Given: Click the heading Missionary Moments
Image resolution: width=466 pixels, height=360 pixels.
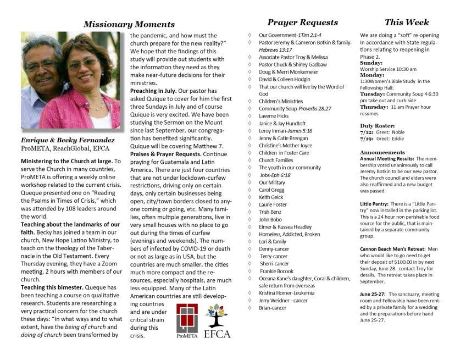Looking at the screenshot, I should [129, 24].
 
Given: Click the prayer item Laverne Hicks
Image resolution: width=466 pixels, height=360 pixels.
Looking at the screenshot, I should [274, 117].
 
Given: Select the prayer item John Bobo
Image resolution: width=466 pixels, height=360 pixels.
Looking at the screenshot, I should [270, 220].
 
